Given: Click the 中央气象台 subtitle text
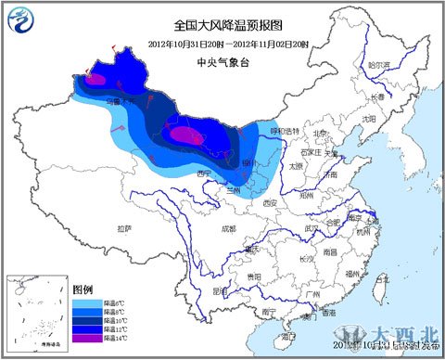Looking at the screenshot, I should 222,62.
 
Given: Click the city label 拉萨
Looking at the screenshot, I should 124,227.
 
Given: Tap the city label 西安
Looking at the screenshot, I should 270,202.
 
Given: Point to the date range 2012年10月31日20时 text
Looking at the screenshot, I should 184,45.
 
